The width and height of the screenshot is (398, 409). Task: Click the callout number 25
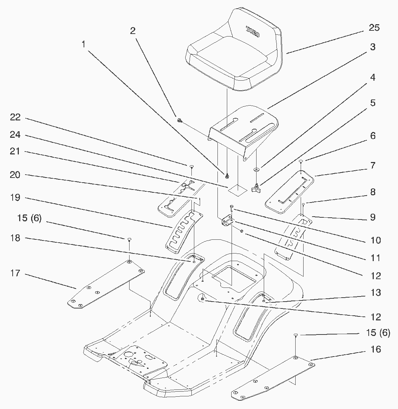pyautogui.click(x=374, y=28)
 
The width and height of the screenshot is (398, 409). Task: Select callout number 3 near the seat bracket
pyautogui.click(x=373, y=47)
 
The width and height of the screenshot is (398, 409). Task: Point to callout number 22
pyautogui.click(x=16, y=118)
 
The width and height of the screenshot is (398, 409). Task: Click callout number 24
pyautogui.click(x=16, y=135)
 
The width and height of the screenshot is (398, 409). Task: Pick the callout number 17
pyautogui.click(x=15, y=273)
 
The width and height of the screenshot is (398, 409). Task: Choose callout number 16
pyautogui.click(x=376, y=349)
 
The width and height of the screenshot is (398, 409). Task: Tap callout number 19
pyautogui.click(x=16, y=197)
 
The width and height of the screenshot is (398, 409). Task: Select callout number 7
pyautogui.click(x=373, y=166)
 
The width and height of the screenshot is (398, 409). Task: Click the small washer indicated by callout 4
pyautogui.click(x=256, y=169)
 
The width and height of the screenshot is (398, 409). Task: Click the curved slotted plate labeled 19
pyautogui.click(x=184, y=229)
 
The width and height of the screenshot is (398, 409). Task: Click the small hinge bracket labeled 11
pyautogui.click(x=227, y=220)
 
